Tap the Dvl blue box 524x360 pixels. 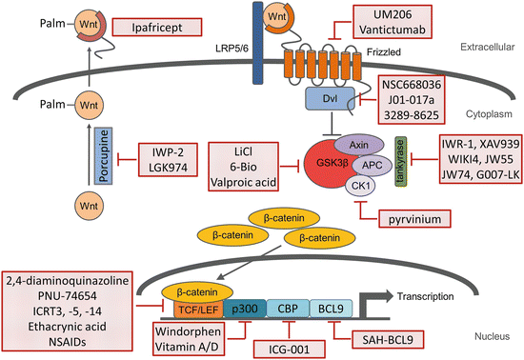pos(325,98)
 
